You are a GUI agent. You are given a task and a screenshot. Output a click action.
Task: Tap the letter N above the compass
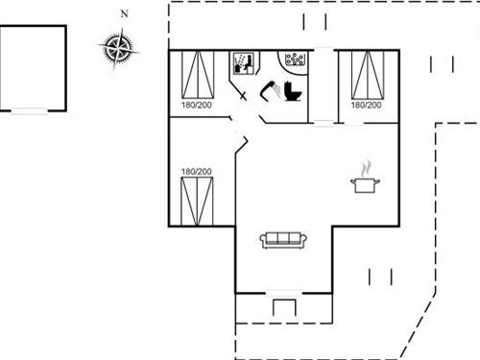pos(124,13)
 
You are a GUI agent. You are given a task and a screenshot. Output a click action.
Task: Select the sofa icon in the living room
pos(283,239)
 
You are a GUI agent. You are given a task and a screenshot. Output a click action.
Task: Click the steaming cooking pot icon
pos(365,180)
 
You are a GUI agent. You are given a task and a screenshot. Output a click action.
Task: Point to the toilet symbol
pos(292,90)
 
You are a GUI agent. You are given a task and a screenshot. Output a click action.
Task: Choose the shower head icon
pos(268,89)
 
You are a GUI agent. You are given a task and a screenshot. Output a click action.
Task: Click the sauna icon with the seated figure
pos(242,64)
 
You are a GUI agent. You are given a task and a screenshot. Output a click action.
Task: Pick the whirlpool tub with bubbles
pos(295,60)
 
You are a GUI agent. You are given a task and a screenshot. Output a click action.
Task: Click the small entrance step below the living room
pos(282,307)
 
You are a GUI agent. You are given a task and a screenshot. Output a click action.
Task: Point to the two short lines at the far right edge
pos(443,64)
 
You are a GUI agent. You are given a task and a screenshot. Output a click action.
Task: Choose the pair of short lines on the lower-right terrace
pos(381,276)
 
